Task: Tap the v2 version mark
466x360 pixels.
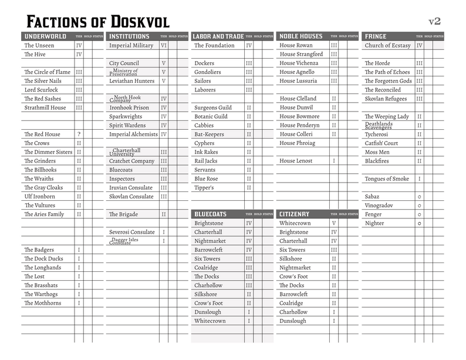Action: coord(434,21)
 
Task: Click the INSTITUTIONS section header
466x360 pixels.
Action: coord(130,36)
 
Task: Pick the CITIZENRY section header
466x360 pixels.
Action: coord(294,214)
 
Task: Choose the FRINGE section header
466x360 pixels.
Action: coord(376,36)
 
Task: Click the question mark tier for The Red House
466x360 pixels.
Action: coord(79,134)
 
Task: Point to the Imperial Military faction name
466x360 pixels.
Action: coord(131,45)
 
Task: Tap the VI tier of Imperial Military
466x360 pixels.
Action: coord(164,45)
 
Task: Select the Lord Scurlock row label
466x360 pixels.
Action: coord(41,90)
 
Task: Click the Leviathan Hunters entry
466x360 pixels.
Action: coord(131,81)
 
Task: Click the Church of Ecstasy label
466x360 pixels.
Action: coord(387,45)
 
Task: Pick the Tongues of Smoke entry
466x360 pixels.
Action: coord(387,179)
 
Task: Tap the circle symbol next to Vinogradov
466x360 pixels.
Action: coord(419,206)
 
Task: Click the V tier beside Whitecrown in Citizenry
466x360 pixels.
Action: coord(334,223)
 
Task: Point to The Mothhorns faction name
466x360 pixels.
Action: coord(43,303)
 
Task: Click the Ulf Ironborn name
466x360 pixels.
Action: coord(39,197)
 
